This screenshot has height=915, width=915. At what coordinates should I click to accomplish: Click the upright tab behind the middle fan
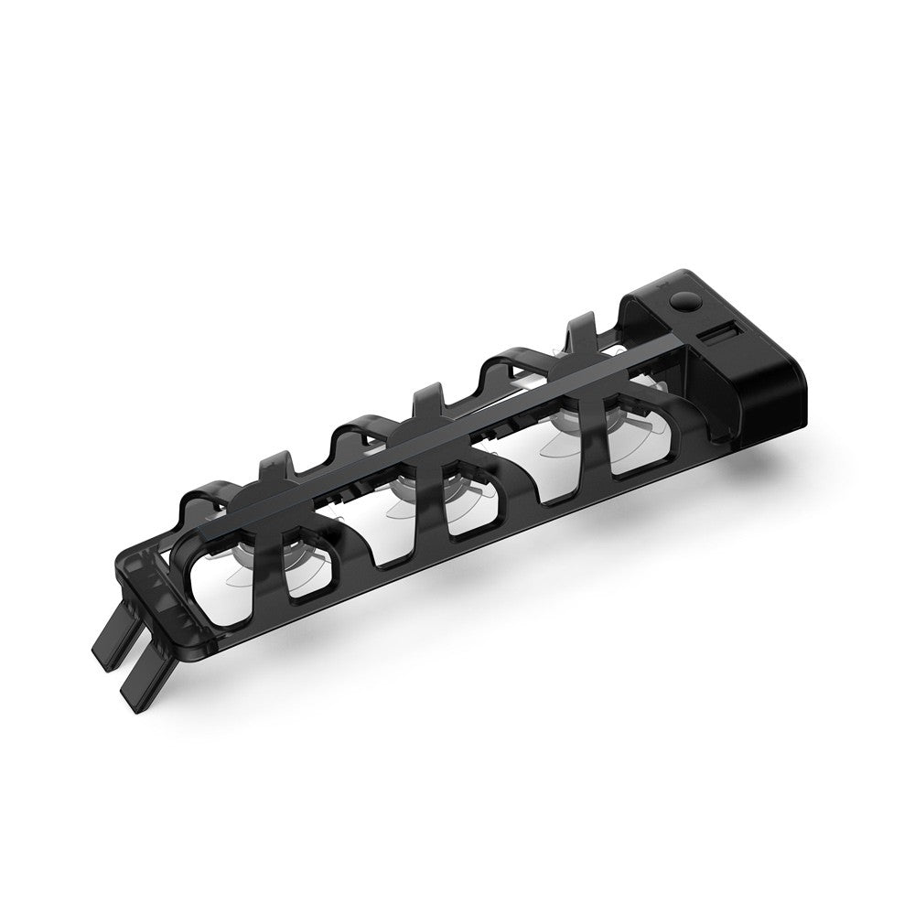[429, 403]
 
